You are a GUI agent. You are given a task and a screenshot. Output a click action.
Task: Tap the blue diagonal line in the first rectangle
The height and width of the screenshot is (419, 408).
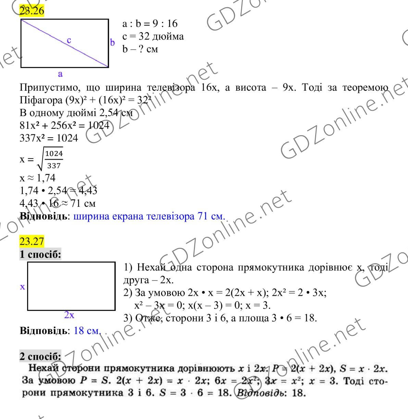click(x=51, y=36)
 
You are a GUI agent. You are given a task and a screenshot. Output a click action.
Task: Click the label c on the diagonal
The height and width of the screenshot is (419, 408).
click(x=69, y=40)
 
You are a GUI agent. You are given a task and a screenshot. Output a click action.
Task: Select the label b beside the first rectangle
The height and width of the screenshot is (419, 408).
click(x=112, y=42)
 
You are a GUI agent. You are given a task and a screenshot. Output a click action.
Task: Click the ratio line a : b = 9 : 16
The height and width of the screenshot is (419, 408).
click(x=150, y=24)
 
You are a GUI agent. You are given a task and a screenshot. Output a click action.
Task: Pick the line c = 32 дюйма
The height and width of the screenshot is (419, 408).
click(x=153, y=37)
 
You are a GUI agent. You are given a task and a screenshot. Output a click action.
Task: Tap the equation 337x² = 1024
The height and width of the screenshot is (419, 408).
click(x=49, y=139)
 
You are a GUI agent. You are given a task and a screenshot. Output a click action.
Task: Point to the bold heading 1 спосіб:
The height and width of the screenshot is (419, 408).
click(x=40, y=255)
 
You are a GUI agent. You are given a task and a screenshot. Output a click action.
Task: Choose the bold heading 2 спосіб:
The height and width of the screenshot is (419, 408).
click(x=40, y=356)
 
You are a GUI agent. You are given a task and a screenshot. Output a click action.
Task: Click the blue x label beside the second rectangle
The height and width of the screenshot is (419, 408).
click(x=22, y=287)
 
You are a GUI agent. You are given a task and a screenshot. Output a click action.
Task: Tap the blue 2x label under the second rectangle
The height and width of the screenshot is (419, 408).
click(x=69, y=315)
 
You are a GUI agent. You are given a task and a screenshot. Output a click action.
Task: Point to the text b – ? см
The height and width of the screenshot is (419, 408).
click(x=140, y=49)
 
